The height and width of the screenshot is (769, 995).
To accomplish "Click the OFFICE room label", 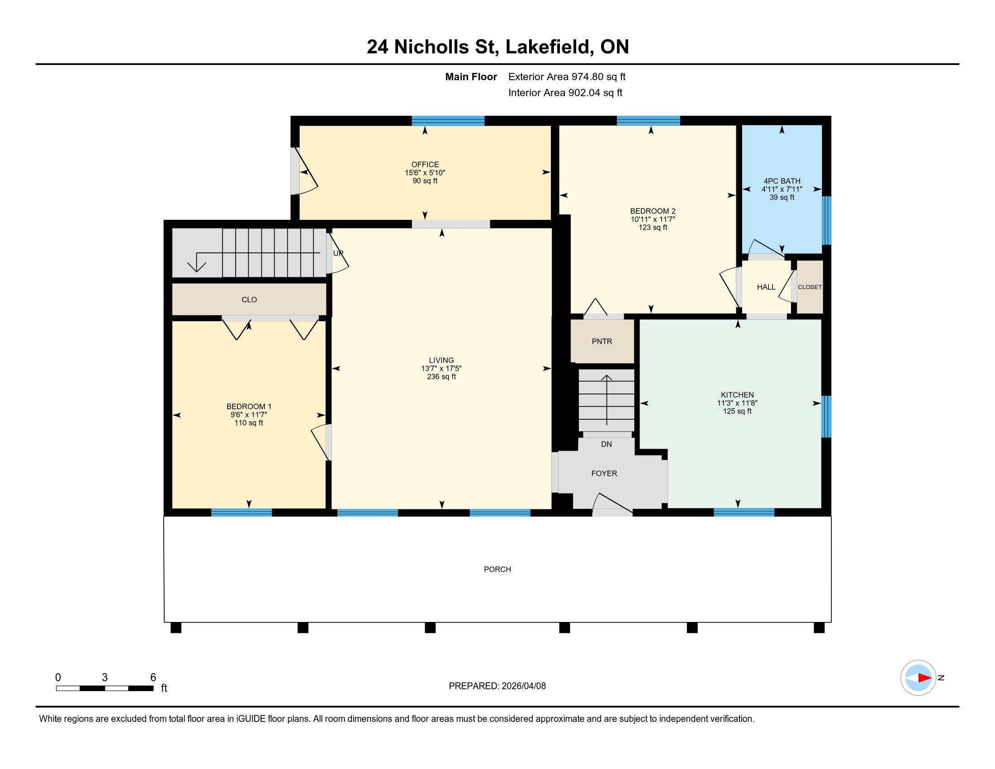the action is click(x=425, y=165).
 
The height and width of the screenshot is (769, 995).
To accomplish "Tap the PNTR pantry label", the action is click(x=602, y=341).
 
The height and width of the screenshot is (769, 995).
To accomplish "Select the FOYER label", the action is click(x=604, y=473).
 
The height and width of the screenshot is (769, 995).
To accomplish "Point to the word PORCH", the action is click(x=497, y=569).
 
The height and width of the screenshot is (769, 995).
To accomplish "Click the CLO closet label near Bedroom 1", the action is click(x=249, y=299).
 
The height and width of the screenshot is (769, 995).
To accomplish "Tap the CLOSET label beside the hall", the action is click(x=810, y=287).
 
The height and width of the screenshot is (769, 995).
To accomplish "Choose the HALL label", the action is click(x=766, y=286).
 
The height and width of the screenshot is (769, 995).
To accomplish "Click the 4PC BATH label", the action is click(x=782, y=181).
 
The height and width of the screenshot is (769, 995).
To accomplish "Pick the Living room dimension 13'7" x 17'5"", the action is click(x=441, y=368).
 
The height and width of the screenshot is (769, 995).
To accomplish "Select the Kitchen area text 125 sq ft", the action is click(x=737, y=411).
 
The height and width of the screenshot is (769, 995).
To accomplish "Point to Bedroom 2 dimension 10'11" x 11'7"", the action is click(x=653, y=219).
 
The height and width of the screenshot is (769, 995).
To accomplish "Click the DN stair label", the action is click(x=606, y=444).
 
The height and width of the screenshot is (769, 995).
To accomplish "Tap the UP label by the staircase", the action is click(x=338, y=253).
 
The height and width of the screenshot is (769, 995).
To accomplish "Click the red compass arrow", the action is click(x=924, y=678).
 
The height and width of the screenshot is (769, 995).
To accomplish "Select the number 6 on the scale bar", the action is click(x=153, y=677).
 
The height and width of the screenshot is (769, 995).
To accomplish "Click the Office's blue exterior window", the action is click(x=448, y=121).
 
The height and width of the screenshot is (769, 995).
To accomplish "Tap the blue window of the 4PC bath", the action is click(x=826, y=220).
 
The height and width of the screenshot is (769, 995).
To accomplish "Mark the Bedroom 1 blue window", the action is click(x=242, y=513).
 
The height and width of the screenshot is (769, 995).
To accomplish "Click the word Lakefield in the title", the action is click(x=548, y=47).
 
